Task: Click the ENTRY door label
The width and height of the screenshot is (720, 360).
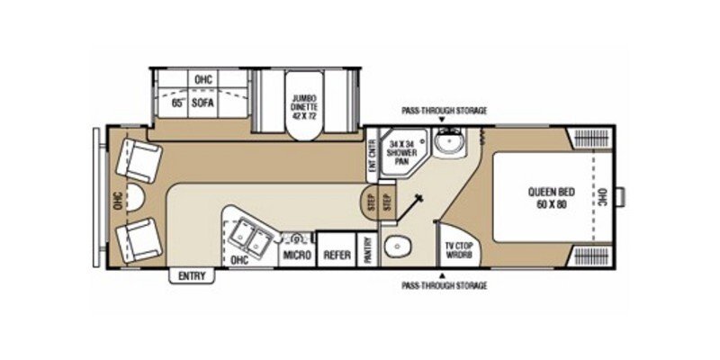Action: coord(192,275)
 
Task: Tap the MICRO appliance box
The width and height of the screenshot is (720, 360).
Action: coord(297,256)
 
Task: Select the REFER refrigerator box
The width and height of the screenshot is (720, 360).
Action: coord(337,256)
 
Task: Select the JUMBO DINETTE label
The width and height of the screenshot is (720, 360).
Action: coord(302,107)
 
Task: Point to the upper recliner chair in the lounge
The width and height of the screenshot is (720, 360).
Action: coord(139,158)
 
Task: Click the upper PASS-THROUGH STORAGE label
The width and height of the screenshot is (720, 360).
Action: coord(445,111)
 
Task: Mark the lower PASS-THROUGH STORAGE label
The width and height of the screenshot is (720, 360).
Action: coord(445,285)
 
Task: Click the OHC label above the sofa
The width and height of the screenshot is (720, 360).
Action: coord(202,79)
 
